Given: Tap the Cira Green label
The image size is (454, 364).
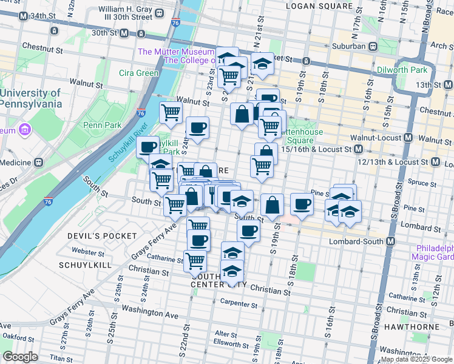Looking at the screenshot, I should pos(139,73).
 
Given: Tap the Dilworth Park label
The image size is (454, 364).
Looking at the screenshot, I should pos(418,70).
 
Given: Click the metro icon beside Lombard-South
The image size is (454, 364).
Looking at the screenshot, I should pos(390,241).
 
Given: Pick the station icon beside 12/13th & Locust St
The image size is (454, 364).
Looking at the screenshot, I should pos(435,162).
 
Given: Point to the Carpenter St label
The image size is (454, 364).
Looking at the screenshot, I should pos(239,303).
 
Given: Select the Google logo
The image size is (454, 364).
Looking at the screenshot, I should pos(20,357).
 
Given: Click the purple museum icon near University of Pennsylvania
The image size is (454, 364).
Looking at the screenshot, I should pos(25,129).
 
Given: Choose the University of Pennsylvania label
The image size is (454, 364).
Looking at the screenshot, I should pos(31,98).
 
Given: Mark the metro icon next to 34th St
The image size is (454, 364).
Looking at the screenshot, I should pos(22,16).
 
